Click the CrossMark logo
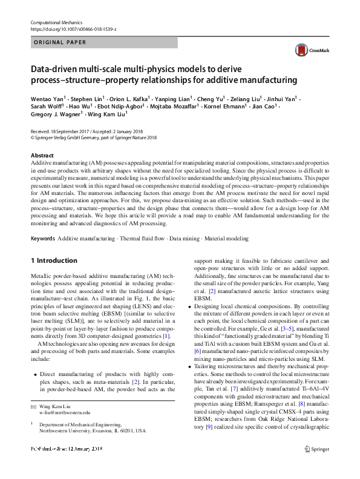pyautogui.click(x=305, y=50)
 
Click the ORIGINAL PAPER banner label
pyautogui.click(x=61, y=42)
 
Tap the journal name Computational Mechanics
pyautogui.click(x=56, y=22)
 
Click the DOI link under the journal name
pyautogui.click(x=73, y=29)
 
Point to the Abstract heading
pyautogui.click(x=42, y=156)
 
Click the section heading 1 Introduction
pyautogui.click(x=54, y=260)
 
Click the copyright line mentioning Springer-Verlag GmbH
pyautogui.click(x=94, y=137)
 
